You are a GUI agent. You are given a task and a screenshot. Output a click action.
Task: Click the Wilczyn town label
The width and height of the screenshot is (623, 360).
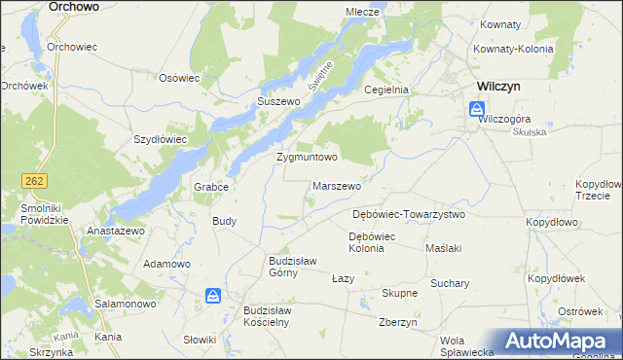497,86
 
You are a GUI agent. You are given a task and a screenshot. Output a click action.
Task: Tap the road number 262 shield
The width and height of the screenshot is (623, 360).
33,181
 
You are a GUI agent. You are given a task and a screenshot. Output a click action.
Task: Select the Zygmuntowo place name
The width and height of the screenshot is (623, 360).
307,157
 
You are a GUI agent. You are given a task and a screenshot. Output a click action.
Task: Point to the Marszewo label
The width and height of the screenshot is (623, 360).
338,185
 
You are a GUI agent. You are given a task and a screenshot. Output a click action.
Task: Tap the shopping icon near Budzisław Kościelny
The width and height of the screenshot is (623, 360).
213,295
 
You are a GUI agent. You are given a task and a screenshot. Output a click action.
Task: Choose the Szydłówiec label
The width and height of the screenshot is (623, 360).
160,139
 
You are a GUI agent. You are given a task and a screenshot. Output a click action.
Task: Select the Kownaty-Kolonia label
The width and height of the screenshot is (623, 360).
513,49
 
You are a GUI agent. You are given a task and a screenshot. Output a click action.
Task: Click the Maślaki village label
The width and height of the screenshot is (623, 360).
444,248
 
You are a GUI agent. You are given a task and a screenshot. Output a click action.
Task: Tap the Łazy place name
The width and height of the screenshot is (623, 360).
343,278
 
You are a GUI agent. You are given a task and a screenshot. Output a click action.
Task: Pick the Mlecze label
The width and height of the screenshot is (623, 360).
362,12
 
